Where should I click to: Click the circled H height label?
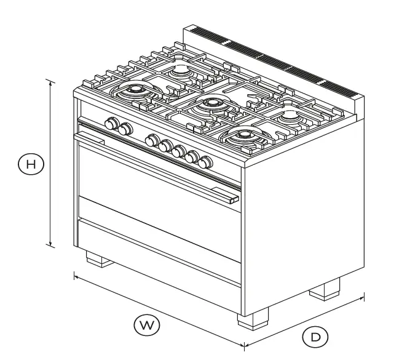tap(31, 164)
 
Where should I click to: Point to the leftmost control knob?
tap(111, 124)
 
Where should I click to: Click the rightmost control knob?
tap(205, 162)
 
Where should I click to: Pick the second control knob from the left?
tap(125, 129)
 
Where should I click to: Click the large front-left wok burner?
tap(135, 93)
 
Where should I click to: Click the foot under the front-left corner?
tap(99, 258)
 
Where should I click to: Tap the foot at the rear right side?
tap(325, 289)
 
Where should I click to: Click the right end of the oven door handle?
tap(233, 199)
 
